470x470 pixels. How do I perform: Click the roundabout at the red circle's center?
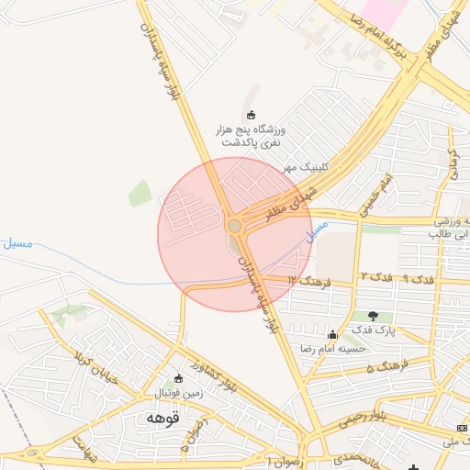(x=235, y=225)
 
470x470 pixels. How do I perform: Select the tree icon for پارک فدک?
(x=373, y=316)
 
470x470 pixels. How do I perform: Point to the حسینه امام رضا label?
(x=333, y=349)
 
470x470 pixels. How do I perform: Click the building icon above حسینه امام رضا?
(x=332, y=334)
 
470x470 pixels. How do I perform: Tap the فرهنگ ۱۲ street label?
(x=307, y=278)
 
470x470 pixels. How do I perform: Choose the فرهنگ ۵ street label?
(x=383, y=368)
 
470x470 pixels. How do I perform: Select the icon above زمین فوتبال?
(x=179, y=378)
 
